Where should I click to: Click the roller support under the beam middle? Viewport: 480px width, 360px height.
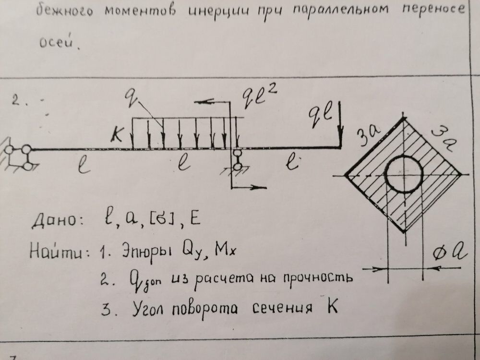point(237,160)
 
